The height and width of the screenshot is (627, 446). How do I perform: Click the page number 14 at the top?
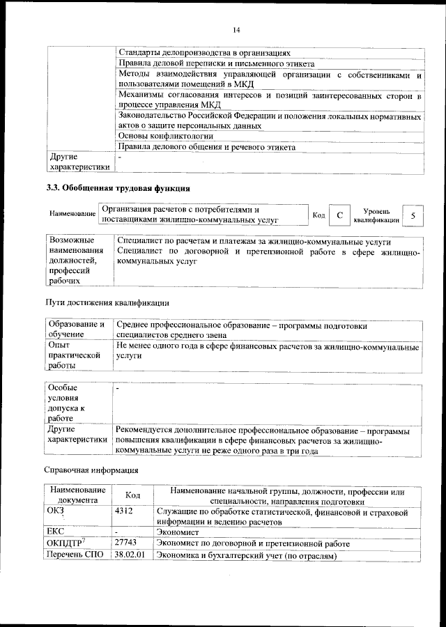[236, 30]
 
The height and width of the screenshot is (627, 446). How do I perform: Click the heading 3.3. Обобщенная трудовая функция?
[118, 188]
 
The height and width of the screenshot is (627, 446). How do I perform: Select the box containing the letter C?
[339, 215]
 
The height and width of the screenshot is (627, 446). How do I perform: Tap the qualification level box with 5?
[413, 215]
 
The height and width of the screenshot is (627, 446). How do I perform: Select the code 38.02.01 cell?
[130, 555]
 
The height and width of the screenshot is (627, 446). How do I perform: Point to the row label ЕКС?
[55, 530]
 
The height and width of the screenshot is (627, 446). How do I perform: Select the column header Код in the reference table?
[134, 495]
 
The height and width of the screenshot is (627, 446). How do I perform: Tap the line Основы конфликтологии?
[165, 137]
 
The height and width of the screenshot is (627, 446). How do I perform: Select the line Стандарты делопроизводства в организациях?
[204, 52]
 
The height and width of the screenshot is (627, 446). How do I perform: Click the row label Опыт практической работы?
[70, 355]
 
